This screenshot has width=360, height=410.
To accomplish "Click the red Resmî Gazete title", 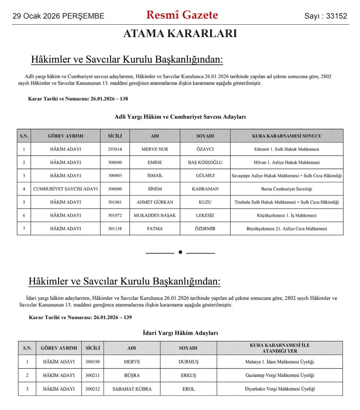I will pos(182,15).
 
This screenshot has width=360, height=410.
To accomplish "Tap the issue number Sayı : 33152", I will pos(325,16).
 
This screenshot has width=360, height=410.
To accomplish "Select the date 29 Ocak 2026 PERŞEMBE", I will pos(59,16).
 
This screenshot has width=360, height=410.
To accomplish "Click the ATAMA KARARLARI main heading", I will pos(180,34).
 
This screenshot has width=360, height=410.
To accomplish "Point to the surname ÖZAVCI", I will pos(205,149).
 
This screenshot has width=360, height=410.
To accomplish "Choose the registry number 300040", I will pos(115,162).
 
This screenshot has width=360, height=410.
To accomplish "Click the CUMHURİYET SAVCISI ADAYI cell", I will pos(65,189).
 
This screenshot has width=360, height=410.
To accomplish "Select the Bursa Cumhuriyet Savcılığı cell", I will pos(287,189).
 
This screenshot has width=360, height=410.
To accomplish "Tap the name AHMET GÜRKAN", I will pos(155,202).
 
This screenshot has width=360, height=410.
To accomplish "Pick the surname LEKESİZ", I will pos(205,215).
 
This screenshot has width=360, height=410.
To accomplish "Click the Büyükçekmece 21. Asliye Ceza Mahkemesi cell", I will pos(287,229).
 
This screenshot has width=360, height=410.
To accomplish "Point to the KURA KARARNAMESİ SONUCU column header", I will pos(287,136).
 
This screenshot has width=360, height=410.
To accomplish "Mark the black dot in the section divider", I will pos(180,252).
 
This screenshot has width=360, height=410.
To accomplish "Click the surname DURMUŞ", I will pos(188,362).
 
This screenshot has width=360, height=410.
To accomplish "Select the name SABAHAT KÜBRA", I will pos(132,389).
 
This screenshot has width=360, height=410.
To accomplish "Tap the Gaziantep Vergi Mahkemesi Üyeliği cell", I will pos(279,375).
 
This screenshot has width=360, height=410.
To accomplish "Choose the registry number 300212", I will pos(92,389).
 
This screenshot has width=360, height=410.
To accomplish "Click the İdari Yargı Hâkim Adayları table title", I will pos(180,333).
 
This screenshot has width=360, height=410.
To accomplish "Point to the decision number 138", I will pos(124,99).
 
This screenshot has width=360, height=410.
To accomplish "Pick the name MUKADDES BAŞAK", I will pos(155,215).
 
